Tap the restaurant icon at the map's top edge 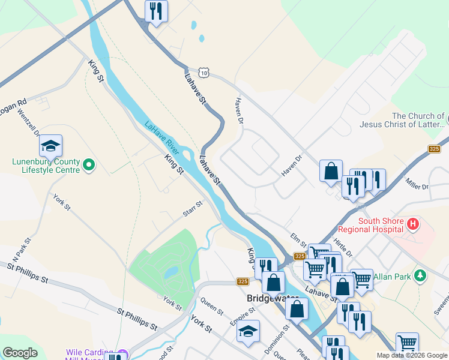[x=156, y=11]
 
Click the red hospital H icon [x=412, y=225]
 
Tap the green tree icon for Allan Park [x=421, y=275]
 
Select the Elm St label [x=298, y=240]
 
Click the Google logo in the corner [x=20, y=352]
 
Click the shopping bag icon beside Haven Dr [x=331, y=171]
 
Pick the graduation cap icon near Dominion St [x=248, y=331]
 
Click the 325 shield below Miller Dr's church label [x=435, y=149]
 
